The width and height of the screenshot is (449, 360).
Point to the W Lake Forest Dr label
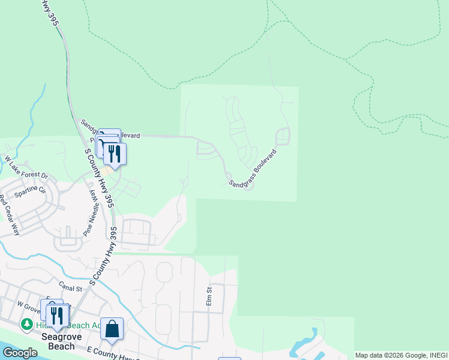[x=26, y=168]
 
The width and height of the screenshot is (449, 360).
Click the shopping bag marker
[x=112, y=329]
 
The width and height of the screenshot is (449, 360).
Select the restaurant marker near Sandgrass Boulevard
[x=115, y=154]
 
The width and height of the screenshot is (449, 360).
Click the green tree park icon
[x=26, y=325]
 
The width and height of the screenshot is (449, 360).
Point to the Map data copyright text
[x=401, y=355]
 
